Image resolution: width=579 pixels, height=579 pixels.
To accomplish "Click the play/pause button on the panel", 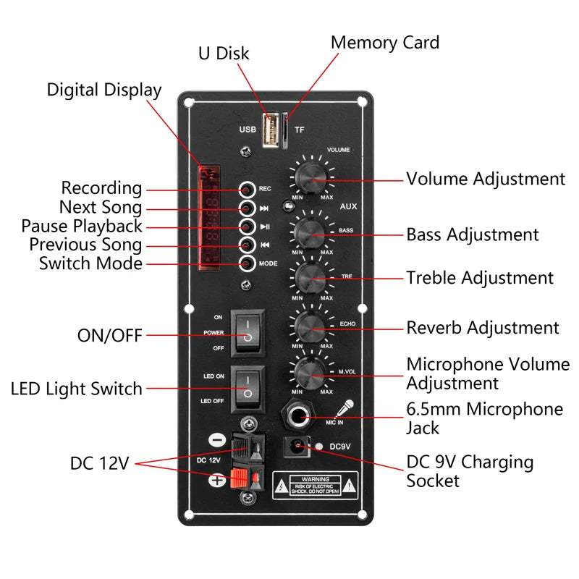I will click(x=248, y=227).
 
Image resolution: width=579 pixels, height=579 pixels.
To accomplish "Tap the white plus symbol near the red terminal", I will click(x=216, y=480).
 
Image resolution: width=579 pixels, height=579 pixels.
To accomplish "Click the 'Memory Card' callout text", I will click(x=384, y=43).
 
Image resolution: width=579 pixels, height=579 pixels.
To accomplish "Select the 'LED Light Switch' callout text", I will click(x=77, y=389).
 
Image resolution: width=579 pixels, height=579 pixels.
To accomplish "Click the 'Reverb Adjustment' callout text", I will click(x=482, y=328).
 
